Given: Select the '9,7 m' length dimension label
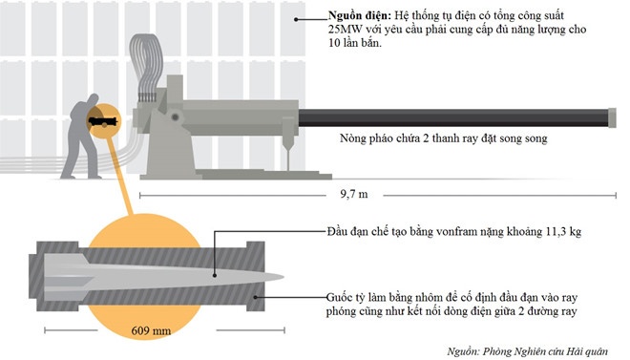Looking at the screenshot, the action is pos(354,194).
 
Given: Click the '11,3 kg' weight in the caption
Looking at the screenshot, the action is pos(535,232).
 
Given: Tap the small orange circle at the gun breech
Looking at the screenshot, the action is pos(101,121).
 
